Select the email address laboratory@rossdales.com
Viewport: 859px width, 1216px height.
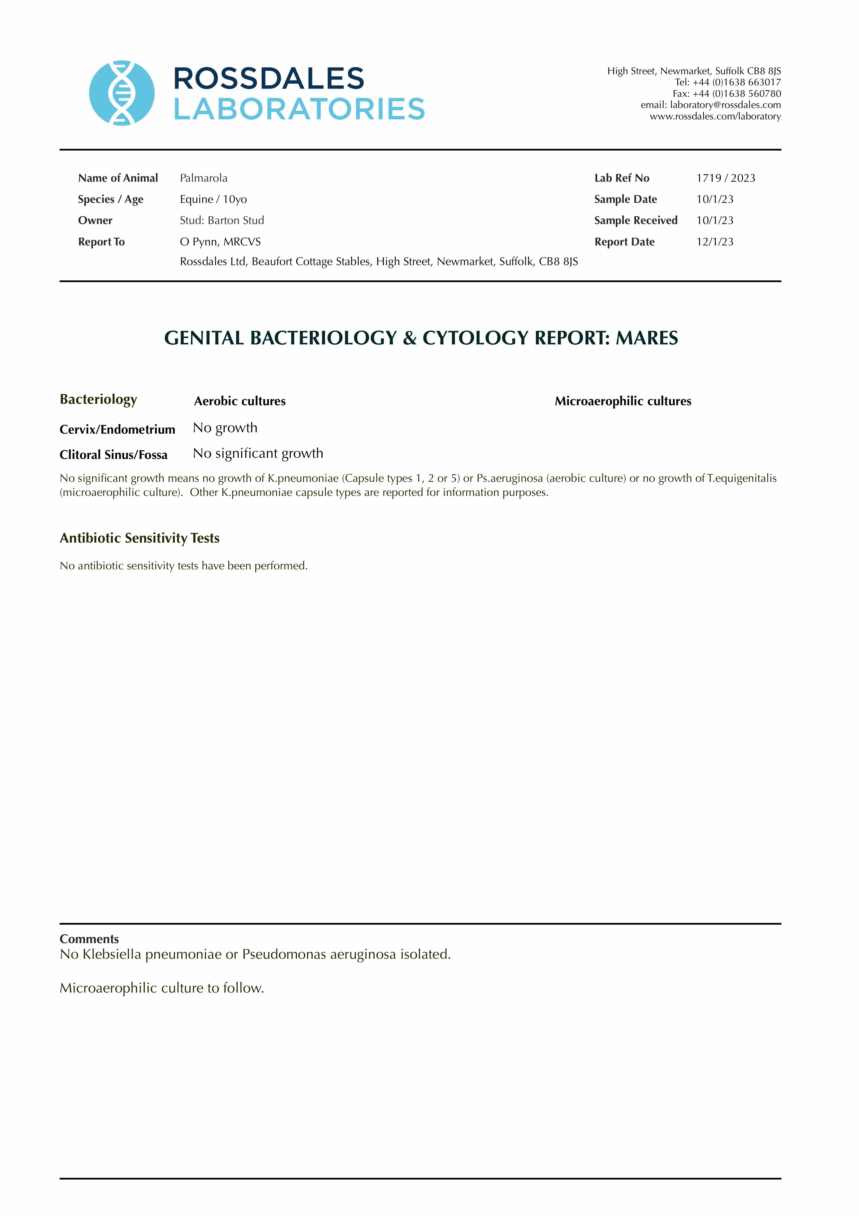[725, 105]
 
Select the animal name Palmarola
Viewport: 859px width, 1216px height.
[203, 178]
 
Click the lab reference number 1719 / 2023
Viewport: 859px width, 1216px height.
[726, 178]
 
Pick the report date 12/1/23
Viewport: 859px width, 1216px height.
[714, 242]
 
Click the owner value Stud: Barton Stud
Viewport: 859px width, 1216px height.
[222, 220]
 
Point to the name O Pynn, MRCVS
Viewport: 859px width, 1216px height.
[220, 242]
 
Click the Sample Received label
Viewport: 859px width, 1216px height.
[636, 220]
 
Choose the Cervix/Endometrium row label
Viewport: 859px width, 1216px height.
[117, 429]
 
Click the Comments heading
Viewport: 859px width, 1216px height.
[89, 939]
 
